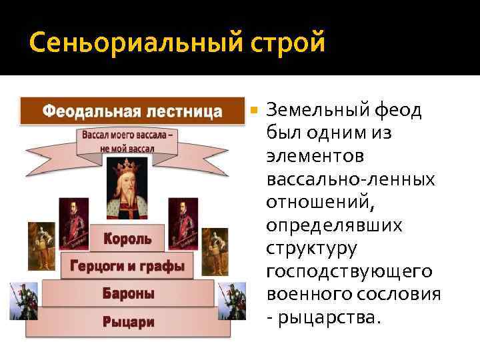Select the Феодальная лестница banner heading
click(133, 111)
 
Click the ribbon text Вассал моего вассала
click(130, 135)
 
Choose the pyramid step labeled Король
click(127, 237)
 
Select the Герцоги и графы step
click(127, 266)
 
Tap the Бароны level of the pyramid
click(128, 293)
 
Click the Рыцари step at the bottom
click(128, 322)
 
